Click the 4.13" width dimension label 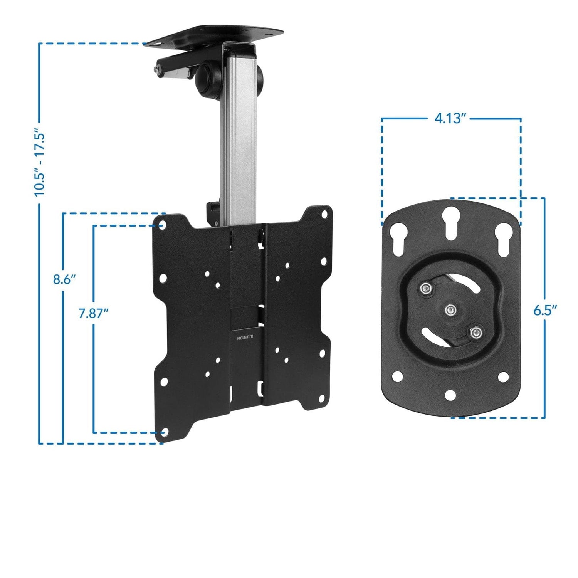pyautogui.click(x=450, y=118)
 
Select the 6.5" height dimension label pyautogui.click(x=545, y=310)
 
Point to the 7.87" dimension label pyautogui.click(x=93, y=313)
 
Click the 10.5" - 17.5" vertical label pyautogui.click(x=40, y=162)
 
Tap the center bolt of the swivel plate pyautogui.click(x=450, y=309)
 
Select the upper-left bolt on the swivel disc pyautogui.click(x=425, y=289)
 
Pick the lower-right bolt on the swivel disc pyautogui.click(x=476, y=331)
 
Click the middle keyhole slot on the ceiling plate pyautogui.click(x=450, y=223)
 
